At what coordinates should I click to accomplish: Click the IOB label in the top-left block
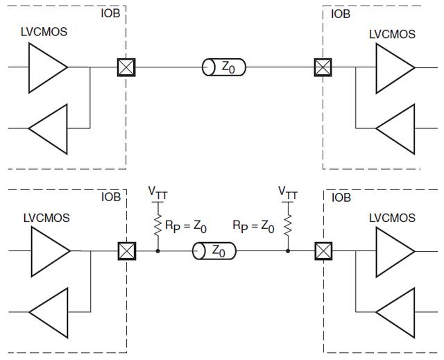point(110,13)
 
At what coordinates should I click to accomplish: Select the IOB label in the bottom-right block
point(341,197)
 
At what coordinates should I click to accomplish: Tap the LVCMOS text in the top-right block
point(392,33)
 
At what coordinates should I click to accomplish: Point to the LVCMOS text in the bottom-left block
point(46,218)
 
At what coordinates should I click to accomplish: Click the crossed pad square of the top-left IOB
point(126,67)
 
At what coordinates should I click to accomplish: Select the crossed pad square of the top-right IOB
point(323,67)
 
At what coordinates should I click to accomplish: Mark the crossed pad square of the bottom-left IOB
point(126,250)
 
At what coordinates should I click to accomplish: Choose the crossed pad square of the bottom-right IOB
point(323,250)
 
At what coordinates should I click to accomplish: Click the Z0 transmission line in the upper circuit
point(224,67)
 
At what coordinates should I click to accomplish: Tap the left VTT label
point(158,191)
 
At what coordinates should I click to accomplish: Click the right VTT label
point(287,191)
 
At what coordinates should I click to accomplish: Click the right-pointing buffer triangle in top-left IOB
point(46,67)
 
